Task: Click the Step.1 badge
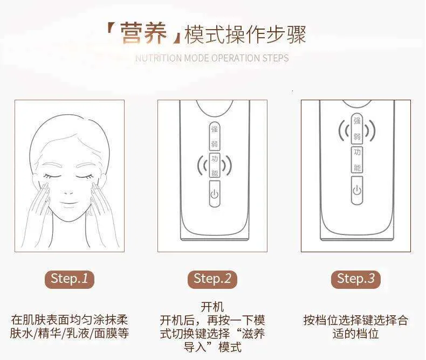[x=69, y=279]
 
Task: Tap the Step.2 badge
[x=212, y=279]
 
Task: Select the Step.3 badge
[x=356, y=279]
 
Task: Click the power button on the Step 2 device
[x=215, y=193]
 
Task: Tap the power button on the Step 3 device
[x=357, y=190]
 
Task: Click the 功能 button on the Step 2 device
[x=215, y=165]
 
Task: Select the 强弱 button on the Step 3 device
[x=357, y=129]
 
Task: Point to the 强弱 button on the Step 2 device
[x=215, y=136]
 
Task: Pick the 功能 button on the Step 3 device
[x=357, y=160]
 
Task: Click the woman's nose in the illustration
[x=68, y=192]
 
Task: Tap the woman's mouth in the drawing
[x=69, y=203]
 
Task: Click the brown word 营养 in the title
[x=143, y=33]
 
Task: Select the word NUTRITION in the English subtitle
[x=159, y=58]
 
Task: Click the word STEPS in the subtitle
[x=276, y=58]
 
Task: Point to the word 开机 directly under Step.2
[x=212, y=307]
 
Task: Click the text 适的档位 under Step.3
[x=356, y=334]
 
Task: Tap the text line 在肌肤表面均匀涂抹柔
[x=69, y=320]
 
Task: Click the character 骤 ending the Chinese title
[x=297, y=34]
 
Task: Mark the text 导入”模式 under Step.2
[x=212, y=347]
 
